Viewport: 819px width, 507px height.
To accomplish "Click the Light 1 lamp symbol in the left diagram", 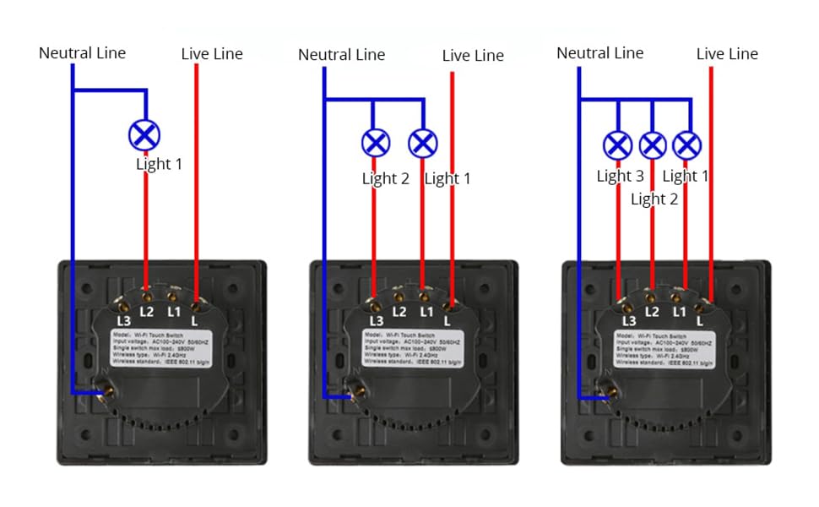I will pos(144,134).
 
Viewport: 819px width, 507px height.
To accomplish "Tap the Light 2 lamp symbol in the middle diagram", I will pos(375,142).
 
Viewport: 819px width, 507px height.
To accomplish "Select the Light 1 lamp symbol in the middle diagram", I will pos(423,142).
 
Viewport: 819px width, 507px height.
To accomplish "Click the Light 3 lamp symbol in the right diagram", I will pos(618,145).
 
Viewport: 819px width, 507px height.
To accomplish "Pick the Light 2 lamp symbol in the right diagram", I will pos(653,145).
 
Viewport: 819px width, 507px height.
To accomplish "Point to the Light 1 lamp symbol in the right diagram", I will pos(688,145).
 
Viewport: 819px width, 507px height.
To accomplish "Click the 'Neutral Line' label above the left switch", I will pos(82,53).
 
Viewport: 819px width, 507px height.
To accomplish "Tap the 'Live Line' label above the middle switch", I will pos(473,56).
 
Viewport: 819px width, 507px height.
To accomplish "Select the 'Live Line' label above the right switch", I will pos(727,54).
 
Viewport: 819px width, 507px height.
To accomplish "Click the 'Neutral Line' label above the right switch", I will pos(599,53).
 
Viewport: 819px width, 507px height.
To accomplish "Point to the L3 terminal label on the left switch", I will pos(123,321).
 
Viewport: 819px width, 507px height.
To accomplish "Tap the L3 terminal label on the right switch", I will pos(628,321).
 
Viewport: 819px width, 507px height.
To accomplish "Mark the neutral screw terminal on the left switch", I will pos(108,390).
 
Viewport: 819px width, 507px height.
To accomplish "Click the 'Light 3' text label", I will pos(620,177).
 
